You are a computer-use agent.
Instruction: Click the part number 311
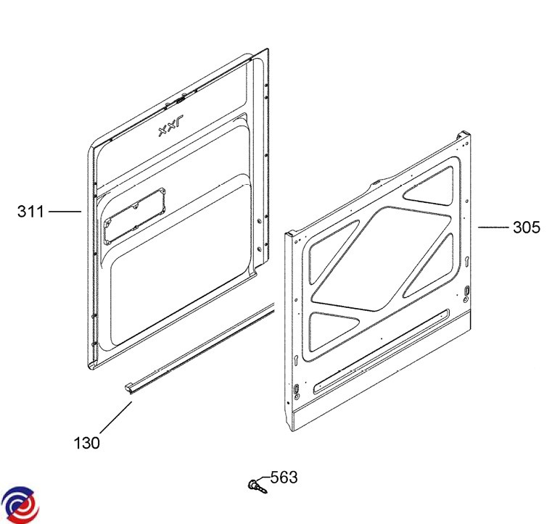pyautogui.click(x=30, y=212)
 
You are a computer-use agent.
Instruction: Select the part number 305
pyautogui.click(x=527, y=228)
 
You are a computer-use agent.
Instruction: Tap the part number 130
pyautogui.click(x=87, y=443)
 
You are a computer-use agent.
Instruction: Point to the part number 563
pyautogui.click(x=284, y=477)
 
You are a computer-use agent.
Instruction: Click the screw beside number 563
pyautogui.click(x=257, y=486)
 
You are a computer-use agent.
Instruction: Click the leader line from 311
pyautogui.click(x=65, y=212)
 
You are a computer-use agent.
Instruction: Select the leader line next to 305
pyautogui.click(x=493, y=227)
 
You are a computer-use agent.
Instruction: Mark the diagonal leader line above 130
pyautogui.click(x=116, y=418)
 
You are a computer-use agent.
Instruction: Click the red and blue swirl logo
pyautogui.click(x=20, y=504)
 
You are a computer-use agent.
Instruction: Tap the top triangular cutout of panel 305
pyautogui.click(x=429, y=186)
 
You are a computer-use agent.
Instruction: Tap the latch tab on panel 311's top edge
pyautogui.click(x=181, y=100)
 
